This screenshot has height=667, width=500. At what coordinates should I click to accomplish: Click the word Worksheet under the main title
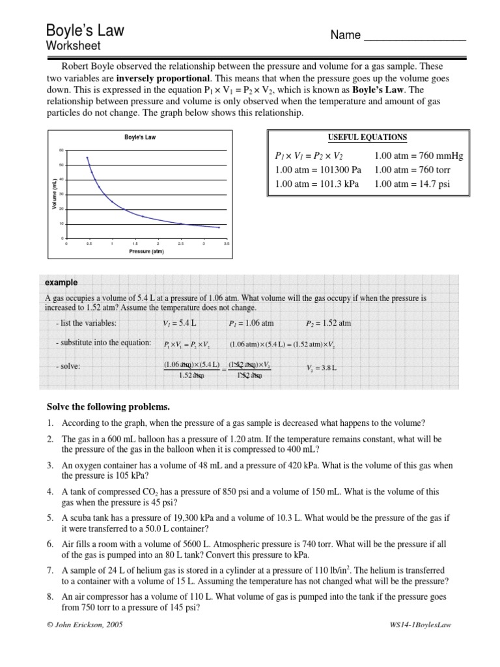point(73,46)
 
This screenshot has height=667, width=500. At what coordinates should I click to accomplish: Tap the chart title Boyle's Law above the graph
point(140,137)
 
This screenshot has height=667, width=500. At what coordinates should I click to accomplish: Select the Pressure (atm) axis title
point(146,251)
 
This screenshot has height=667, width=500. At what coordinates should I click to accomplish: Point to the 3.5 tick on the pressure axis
point(227,244)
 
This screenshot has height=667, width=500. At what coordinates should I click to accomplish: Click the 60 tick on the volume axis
point(61,150)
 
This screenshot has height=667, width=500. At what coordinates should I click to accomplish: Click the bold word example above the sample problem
point(61,283)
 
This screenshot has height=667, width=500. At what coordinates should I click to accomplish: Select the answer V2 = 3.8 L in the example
point(321,368)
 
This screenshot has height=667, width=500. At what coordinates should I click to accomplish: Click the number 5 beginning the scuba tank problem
point(49,517)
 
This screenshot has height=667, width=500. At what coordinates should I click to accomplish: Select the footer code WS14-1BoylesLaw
point(419,625)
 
